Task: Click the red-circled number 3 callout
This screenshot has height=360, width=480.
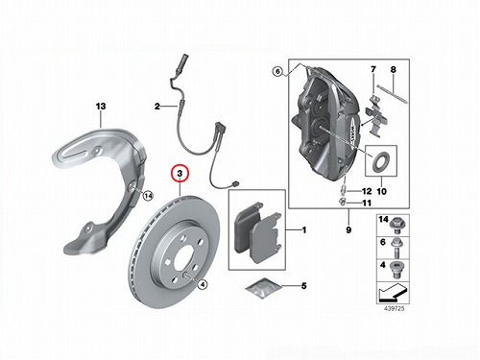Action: point(180,174)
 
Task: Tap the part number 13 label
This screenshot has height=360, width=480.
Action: point(101,107)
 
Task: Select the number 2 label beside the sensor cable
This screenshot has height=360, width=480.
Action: point(157,107)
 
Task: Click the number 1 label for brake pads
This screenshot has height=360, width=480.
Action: point(304,230)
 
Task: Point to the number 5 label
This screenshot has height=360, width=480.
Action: point(304,285)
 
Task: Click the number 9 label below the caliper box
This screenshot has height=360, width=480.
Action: point(348,229)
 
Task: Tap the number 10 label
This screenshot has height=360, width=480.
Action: point(382,191)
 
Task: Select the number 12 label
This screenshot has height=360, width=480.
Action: point(367,191)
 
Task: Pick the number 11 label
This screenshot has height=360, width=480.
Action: point(367,203)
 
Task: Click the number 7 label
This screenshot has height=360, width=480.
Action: point(373,69)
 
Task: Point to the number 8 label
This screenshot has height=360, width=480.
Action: point(394,69)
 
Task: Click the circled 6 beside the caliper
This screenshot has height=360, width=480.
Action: point(277,71)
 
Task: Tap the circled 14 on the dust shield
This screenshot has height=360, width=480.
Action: point(148,195)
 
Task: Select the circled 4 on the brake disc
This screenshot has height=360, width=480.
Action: point(202,284)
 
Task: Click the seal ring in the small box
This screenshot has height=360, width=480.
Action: point(380,160)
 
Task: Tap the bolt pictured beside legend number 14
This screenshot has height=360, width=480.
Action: point(397,226)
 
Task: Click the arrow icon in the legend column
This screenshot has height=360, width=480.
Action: point(393,293)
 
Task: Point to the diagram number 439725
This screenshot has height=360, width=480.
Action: point(395,308)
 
